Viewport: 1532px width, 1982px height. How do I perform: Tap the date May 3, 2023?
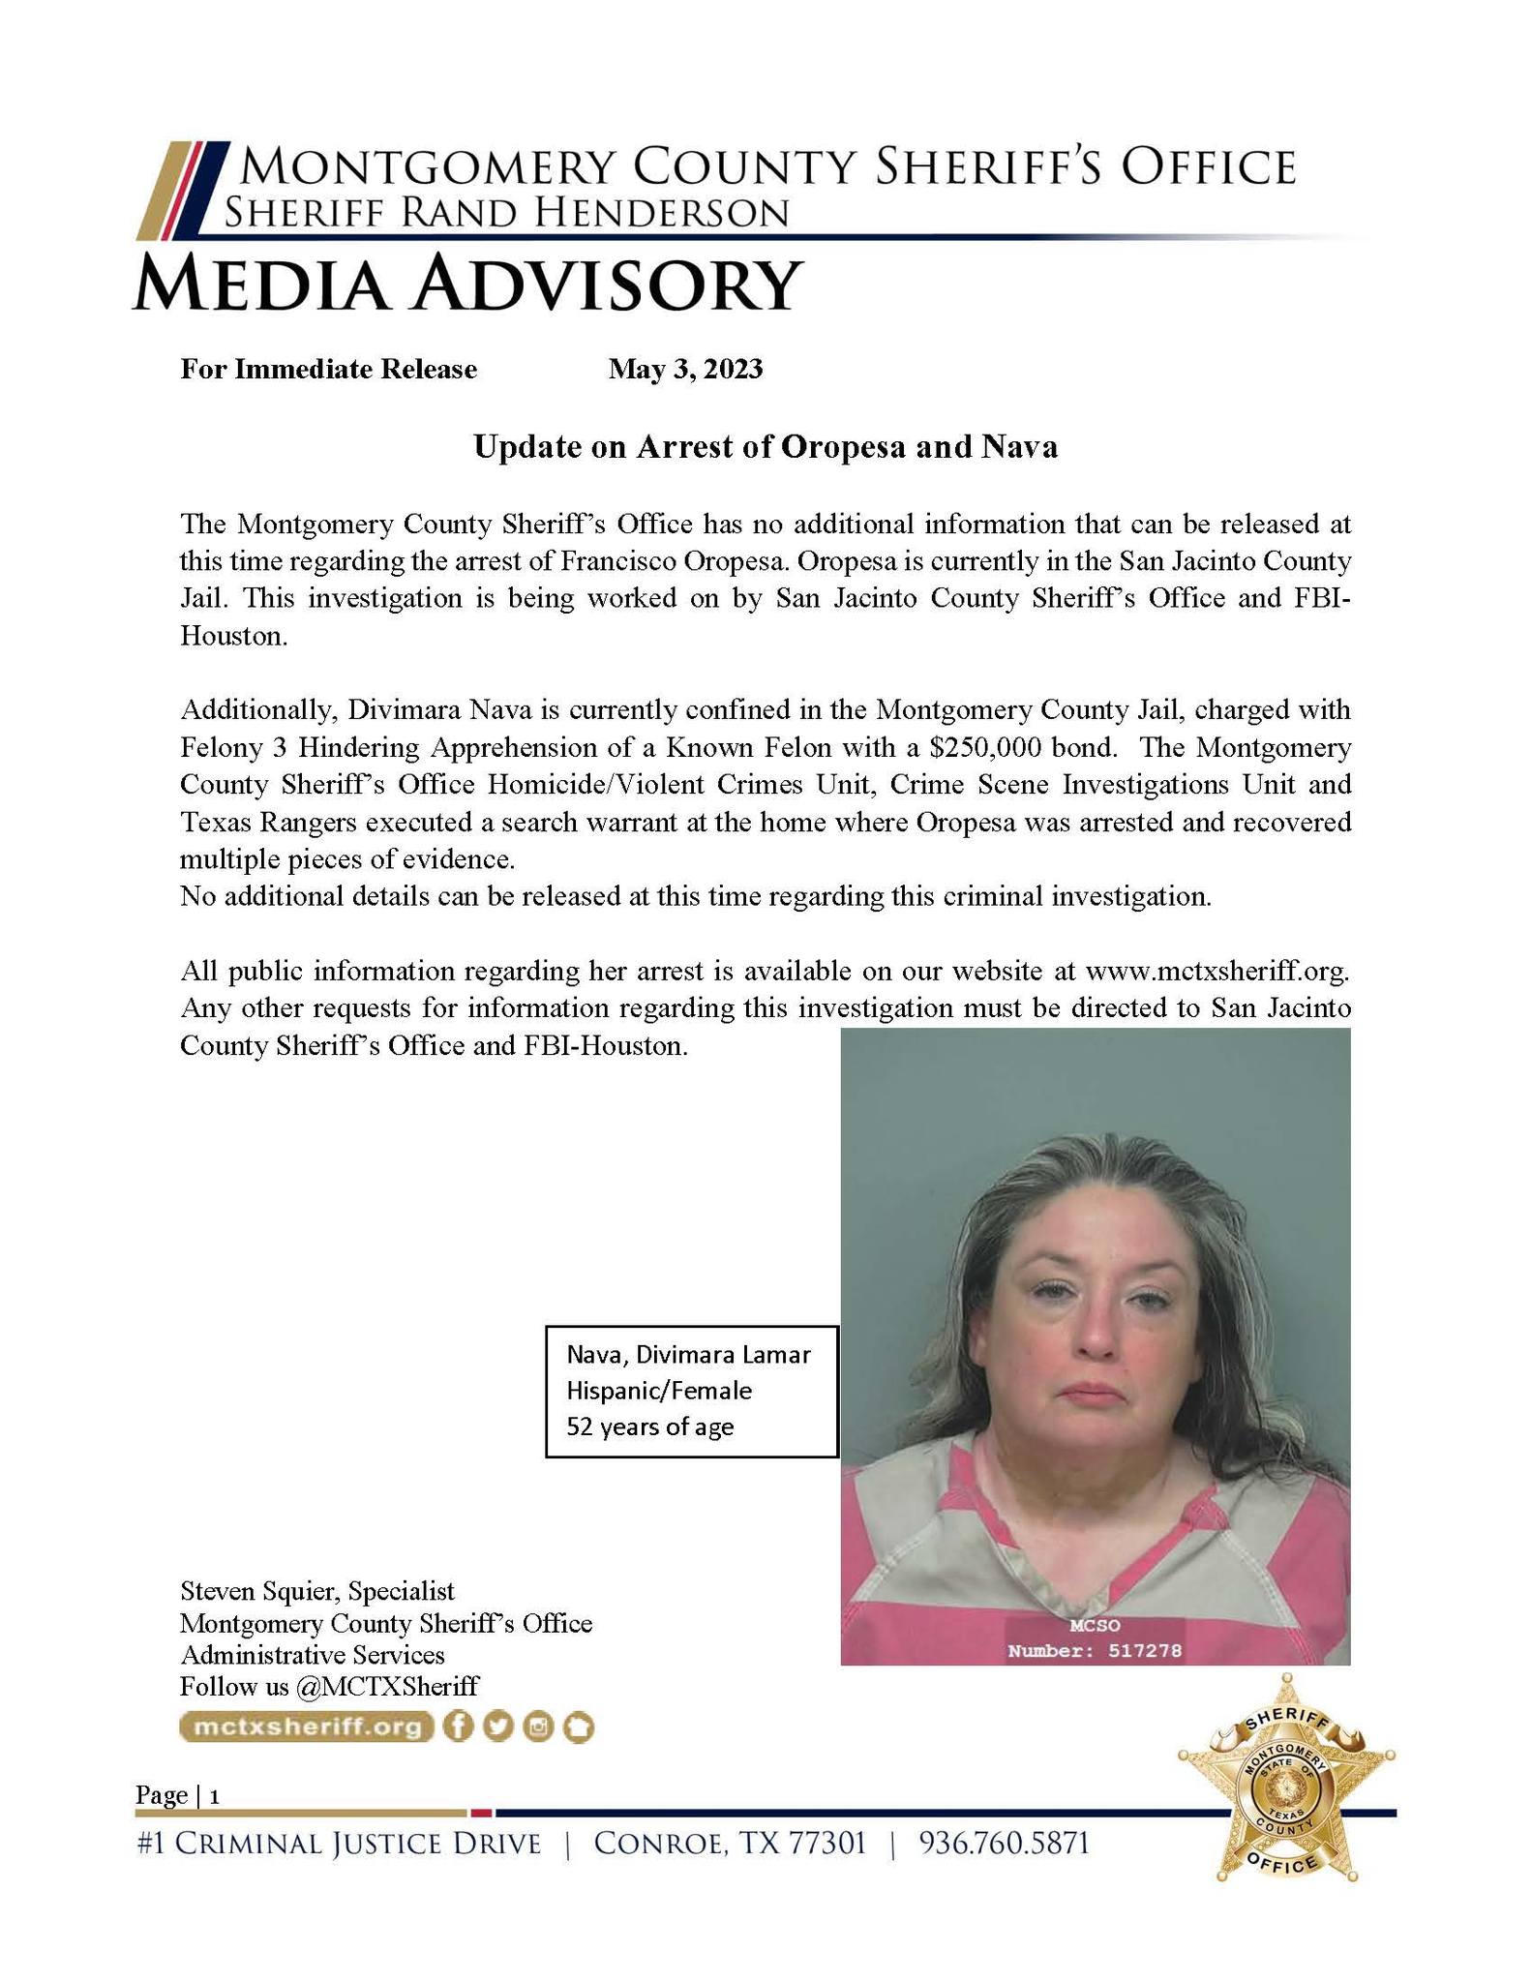685,369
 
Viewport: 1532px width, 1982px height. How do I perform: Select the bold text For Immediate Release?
328,369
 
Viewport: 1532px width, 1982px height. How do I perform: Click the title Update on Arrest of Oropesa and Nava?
765,447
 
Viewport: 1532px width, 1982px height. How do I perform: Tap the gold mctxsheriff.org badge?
307,1727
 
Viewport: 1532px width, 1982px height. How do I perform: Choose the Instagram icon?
537,1727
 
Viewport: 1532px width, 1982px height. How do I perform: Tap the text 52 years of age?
649,1426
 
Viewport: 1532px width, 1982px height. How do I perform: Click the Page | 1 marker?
178,1795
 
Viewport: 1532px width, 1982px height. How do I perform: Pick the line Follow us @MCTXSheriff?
329,1686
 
